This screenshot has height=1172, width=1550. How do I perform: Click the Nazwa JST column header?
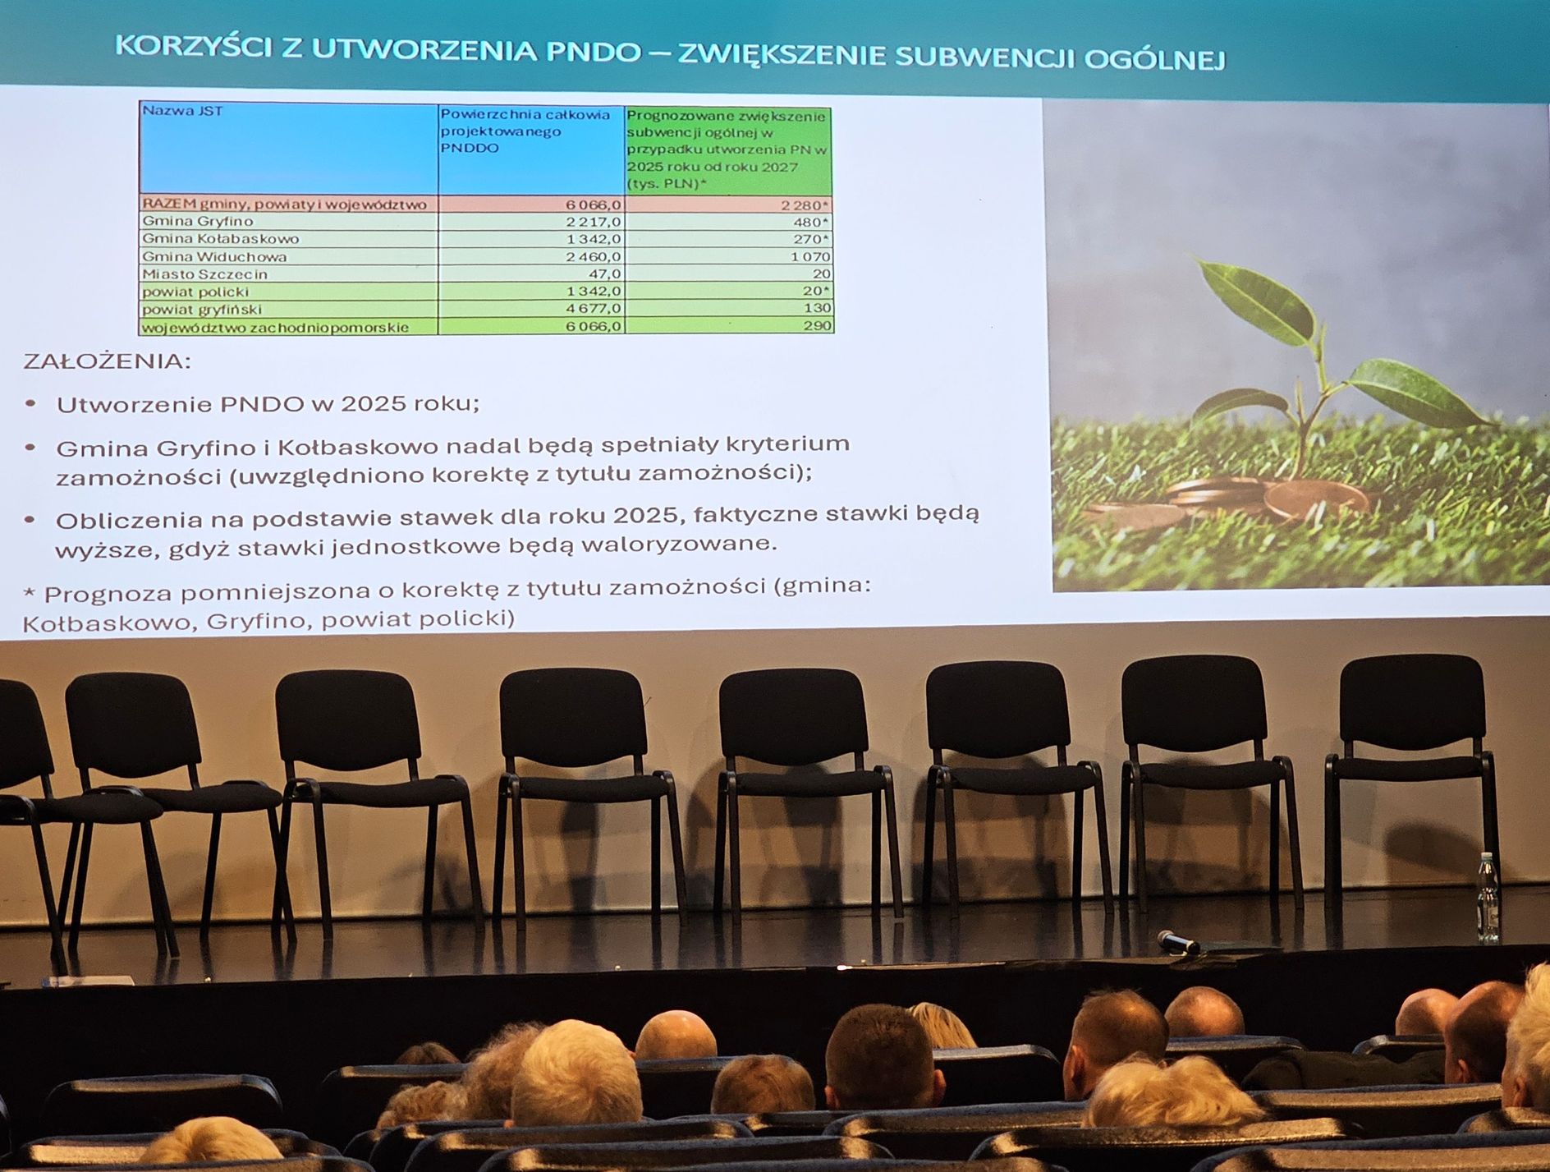point(181,111)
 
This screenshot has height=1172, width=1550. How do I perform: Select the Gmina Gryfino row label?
point(197,221)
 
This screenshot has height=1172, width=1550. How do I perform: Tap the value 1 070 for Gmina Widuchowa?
point(810,257)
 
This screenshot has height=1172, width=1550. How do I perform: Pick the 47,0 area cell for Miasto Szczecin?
point(603,273)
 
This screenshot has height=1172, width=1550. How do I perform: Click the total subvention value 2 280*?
point(805,205)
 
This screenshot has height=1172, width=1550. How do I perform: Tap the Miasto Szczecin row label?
point(204,274)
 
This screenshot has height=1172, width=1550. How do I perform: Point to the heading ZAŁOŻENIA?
point(107,361)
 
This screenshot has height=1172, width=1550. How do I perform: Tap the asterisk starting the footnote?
point(30,593)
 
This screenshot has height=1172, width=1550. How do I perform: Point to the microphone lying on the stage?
point(1178,941)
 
